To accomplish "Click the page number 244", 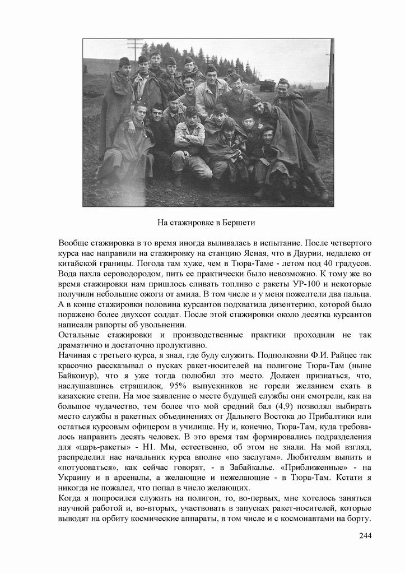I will pyautogui.click(x=365, y=535).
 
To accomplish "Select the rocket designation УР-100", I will pyautogui.click(x=349, y=284).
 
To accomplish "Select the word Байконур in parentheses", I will pyautogui.click(x=77, y=376).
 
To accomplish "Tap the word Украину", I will pyautogui.click(x=77, y=478).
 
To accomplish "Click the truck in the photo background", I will pyautogui.click(x=268, y=85).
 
